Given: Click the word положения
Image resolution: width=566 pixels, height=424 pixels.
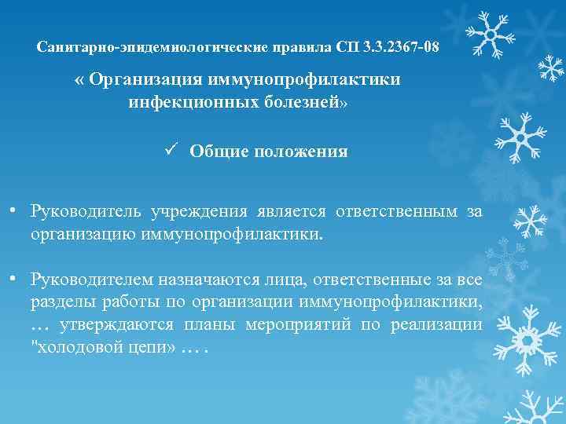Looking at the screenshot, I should click(x=300, y=152).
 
